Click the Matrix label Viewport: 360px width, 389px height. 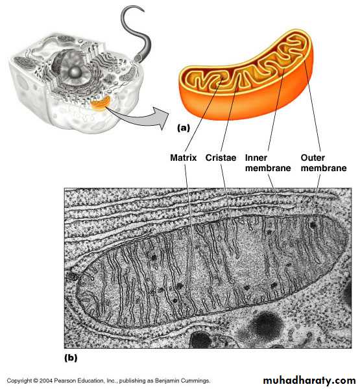point(183,158)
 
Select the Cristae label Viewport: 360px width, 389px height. point(221,158)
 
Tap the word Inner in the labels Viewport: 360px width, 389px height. point(256,158)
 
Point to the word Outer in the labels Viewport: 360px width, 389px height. point(313,158)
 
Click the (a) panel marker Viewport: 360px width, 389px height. point(184,128)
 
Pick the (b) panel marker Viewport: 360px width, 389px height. point(71,358)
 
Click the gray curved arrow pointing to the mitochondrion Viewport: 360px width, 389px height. point(139,119)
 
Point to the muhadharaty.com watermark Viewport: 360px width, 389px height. point(309,380)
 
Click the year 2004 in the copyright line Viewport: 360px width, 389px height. point(45,381)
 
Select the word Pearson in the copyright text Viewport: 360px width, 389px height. point(64,381)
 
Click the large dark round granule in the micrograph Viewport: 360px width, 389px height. point(267,324)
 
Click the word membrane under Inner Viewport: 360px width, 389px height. point(268,168)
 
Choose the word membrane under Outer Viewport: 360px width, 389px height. point(324,168)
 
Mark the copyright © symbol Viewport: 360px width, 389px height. point(36,381)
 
